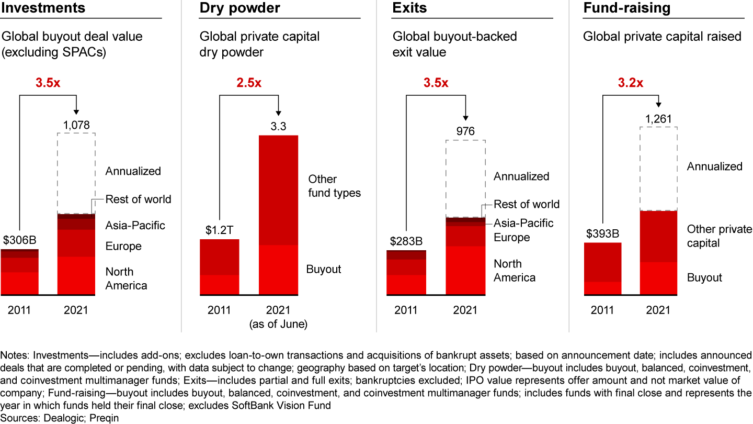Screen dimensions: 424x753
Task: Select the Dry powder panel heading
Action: click(x=240, y=8)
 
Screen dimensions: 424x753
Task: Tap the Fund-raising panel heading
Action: click(x=627, y=8)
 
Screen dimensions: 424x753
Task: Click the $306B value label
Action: click(x=19, y=241)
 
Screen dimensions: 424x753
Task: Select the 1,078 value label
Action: click(x=76, y=125)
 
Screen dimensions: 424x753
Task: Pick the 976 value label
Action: click(x=465, y=131)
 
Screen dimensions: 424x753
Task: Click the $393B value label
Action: click(x=602, y=233)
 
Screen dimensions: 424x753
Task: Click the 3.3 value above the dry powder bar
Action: click(x=278, y=126)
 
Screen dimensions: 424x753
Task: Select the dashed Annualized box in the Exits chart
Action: click(x=465, y=178)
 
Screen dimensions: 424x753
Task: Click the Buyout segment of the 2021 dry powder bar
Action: click(x=278, y=270)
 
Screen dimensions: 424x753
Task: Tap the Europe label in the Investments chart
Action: click(x=123, y=247)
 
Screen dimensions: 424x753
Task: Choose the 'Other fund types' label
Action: click(x=334, y=186)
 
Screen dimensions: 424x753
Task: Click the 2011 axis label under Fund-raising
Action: click(x=602, y=310)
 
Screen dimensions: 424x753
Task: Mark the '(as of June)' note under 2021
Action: click(x=278, y=324)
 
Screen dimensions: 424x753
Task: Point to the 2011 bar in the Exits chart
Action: click(x=406, y=272)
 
